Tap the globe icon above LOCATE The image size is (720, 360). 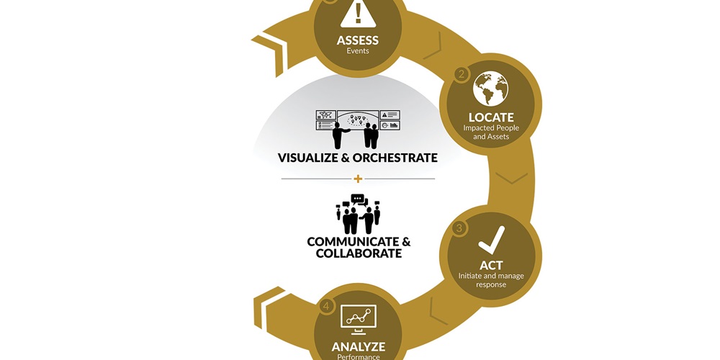coord(491,88)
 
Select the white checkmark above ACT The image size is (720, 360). coord(491,240)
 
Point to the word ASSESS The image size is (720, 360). coord(358,40)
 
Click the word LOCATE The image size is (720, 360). coord(491,117)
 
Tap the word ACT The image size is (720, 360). coord(491,265)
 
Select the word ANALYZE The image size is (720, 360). coord(358,346)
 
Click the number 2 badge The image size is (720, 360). coord(462,74)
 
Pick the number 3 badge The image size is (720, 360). coord(459,228)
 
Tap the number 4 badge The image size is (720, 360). coord(326,306)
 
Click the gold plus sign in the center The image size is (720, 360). coord(358,179)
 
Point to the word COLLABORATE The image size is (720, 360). coord(359,253)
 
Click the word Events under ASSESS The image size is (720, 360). coord(358,51)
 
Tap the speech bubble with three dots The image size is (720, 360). coord(357,199)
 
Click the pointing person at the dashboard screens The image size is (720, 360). coord(340,135)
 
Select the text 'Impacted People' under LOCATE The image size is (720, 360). coord(491,127)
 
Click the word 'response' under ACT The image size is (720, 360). coord(491,284)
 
